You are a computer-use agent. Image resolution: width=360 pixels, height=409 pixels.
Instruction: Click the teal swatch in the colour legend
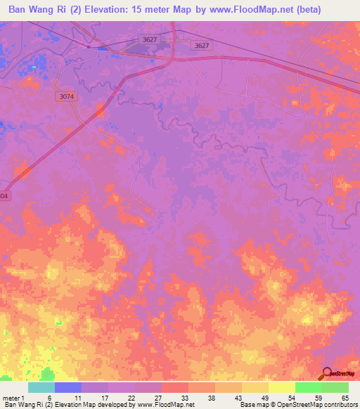41,387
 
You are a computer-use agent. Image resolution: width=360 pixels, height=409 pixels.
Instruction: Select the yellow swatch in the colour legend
281,387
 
